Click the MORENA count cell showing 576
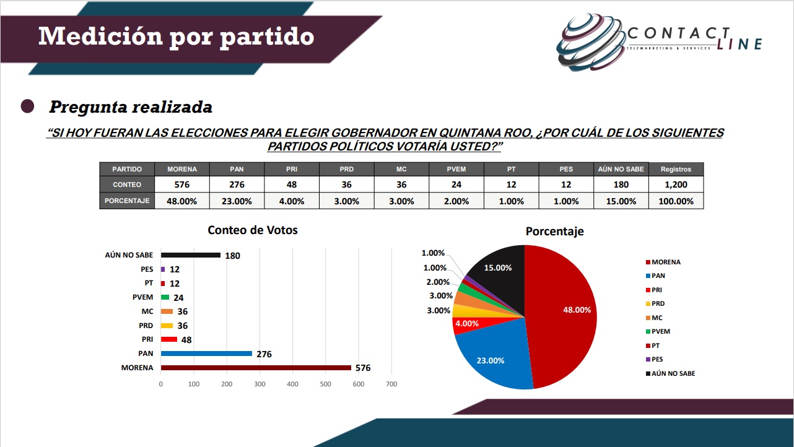tap(182, 184)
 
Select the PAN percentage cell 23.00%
tap(237, 201)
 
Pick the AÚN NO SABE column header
tap(621, 169)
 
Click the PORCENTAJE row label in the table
tap(127, 201)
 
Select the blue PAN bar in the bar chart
tap(206, 354)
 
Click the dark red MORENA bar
tap(256, 368)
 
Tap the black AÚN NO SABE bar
tap(190, 255)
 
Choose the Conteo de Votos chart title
tap(252, 230)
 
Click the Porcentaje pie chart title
tap(554, 232)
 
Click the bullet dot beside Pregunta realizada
tap(27, 106)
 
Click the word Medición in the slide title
tap(95, 37)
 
